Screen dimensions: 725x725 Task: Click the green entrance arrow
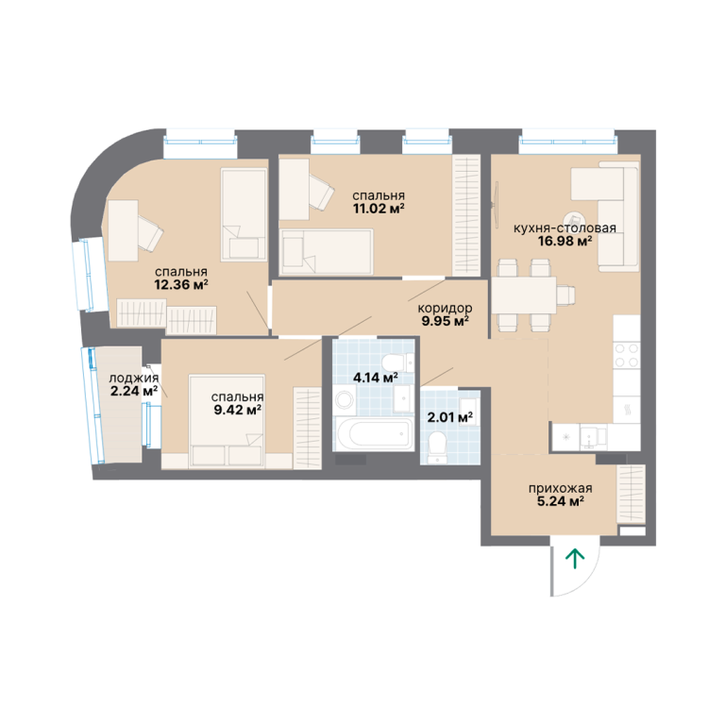(575, 558)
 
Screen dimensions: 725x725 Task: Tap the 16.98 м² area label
(565, 241)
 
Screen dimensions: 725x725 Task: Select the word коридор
(445, 308)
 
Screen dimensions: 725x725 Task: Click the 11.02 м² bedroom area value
(379, 209)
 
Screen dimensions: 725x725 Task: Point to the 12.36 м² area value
(181, 284)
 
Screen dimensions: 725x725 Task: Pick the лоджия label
(134, 379)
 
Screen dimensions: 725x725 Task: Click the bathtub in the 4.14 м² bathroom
(374, 433)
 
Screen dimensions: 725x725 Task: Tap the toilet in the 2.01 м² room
(436, 446)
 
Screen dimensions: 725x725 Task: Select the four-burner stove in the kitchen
(627, 355)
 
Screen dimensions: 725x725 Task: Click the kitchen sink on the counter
(589, 437)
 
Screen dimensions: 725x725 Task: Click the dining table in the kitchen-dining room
(524, 295)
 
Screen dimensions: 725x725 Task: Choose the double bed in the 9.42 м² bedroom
(227, 420)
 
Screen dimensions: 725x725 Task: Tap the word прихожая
(560, 488)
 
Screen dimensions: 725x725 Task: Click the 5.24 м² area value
(560, 500)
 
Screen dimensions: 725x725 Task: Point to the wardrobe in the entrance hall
(632, 494)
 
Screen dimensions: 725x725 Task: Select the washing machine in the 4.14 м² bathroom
(345, 399)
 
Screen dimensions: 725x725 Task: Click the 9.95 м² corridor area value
(445, 321)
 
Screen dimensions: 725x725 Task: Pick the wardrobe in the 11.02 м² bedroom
(466, 216)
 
